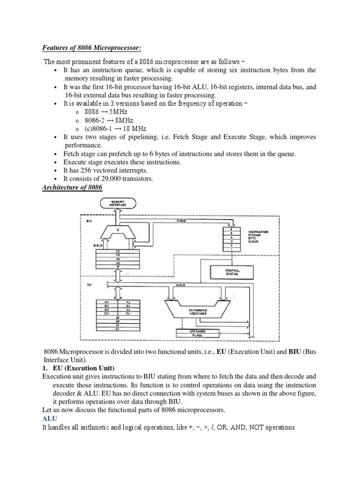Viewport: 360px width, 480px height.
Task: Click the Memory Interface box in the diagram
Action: pos(117,203)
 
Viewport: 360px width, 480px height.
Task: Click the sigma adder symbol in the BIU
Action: pos(117,230)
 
